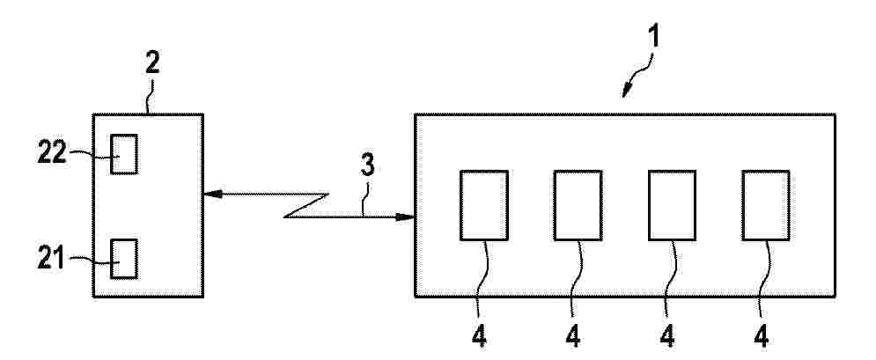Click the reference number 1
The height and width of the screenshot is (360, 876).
click(652, 36)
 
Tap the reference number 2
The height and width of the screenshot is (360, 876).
click(152, 63)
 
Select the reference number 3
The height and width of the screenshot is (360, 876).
click(367, 165)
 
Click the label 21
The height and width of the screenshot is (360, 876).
click(51, 260)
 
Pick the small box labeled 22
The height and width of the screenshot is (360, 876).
click(123, 154)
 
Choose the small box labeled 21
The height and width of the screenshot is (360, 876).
click(123, 259)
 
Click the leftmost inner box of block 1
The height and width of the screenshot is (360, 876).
click(484, 205)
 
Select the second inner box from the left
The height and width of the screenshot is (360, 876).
click(578, 205)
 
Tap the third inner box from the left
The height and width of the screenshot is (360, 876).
click(672, 205)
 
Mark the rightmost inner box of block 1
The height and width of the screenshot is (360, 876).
click(766, 205)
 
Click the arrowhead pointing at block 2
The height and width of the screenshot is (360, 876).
click(212, 195)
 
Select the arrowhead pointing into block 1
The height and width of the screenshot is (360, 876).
click(405, 217)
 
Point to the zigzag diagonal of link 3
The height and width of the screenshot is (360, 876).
click(305, 205)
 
